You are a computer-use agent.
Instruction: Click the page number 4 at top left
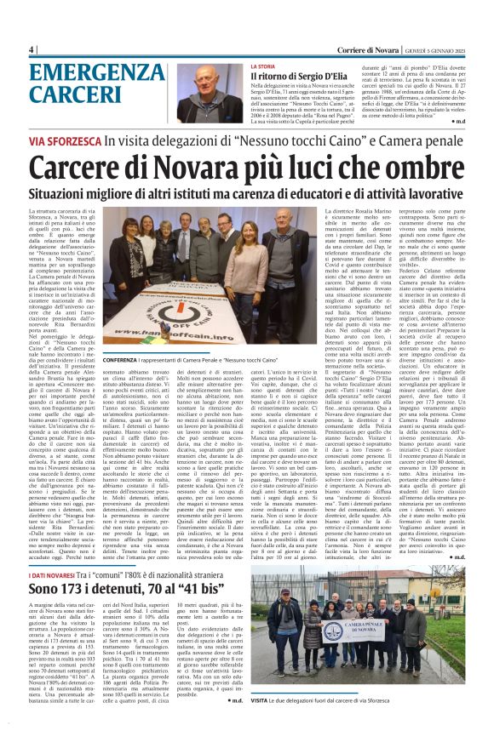point(32,49)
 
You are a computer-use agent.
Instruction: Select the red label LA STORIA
point(262,66)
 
